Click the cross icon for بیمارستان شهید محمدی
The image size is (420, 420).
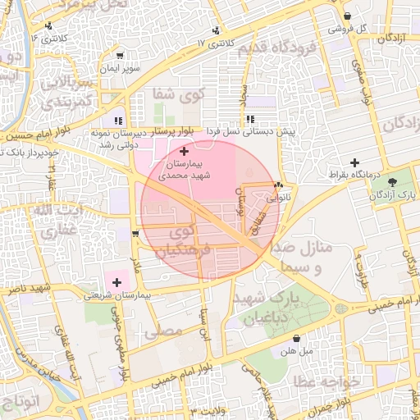point(183,151)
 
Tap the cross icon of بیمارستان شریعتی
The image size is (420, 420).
point(116,282)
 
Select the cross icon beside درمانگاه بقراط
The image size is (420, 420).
point(354,162)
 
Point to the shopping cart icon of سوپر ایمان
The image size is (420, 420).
point(120,57)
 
